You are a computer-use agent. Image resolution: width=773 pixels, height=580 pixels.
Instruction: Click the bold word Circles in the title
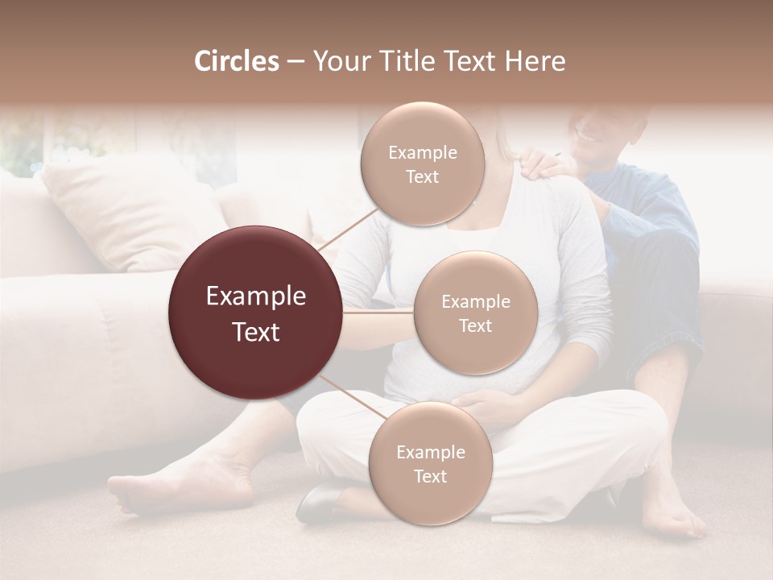pos(236,61)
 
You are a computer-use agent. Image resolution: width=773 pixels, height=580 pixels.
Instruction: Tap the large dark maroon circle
pos(256,313)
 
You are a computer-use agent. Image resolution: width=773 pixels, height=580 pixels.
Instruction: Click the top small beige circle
pos(421,164)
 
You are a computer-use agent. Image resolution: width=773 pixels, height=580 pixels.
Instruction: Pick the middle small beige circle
pos(475,313)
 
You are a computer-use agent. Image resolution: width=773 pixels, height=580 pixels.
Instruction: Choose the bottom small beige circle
pos(430,463)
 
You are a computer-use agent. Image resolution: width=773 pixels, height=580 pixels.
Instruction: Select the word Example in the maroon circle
pos(256,296)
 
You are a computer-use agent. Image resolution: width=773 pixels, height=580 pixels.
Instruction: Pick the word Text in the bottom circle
pos(430,476)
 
